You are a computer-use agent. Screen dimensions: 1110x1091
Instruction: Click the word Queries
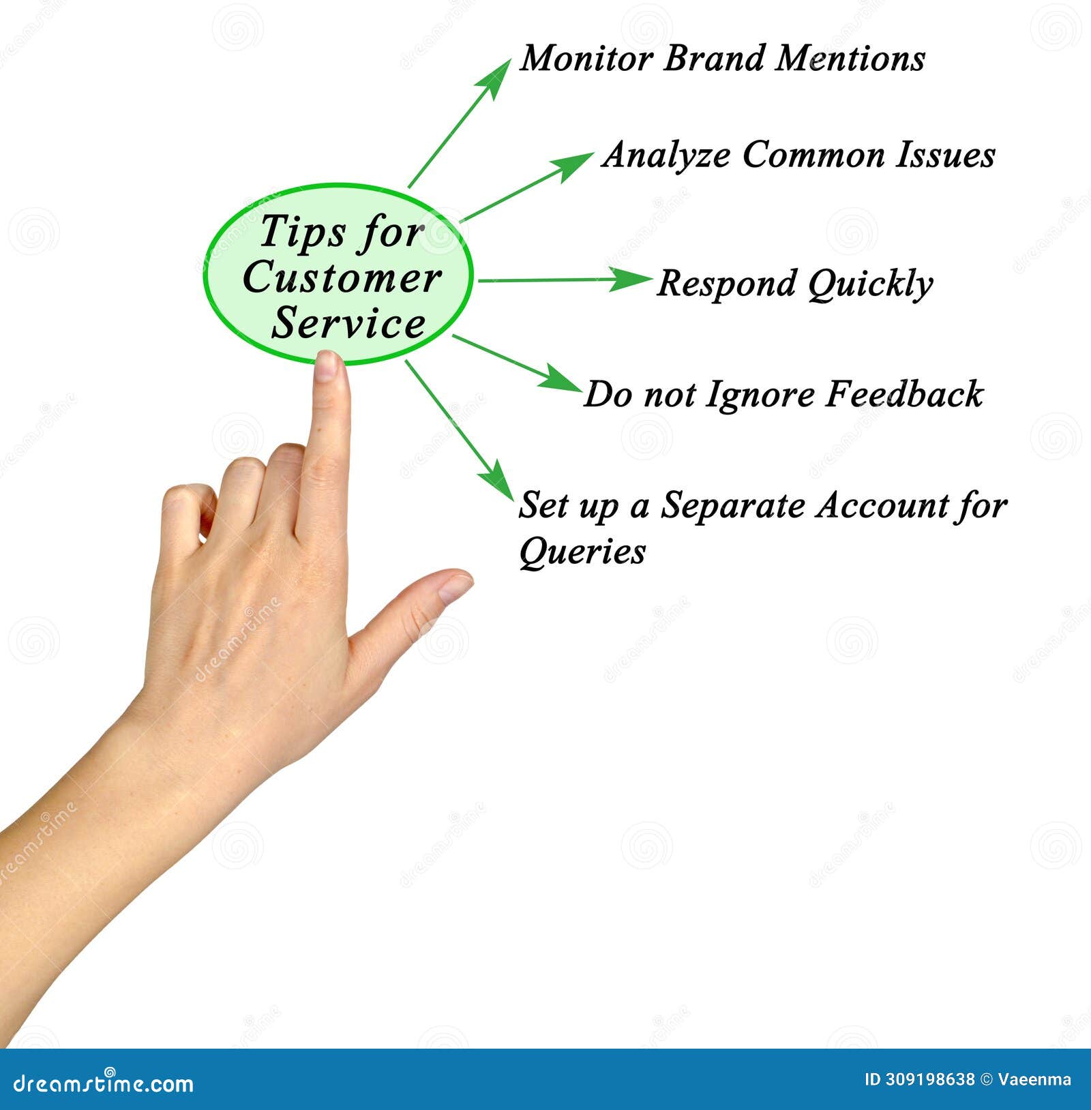pyautogui.click(x=582, y=552)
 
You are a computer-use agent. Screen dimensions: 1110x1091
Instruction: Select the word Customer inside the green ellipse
pyautogui.click(x=342, y=278)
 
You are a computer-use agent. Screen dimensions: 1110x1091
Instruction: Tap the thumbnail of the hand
pyautogui.click(x=455, y=587)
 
